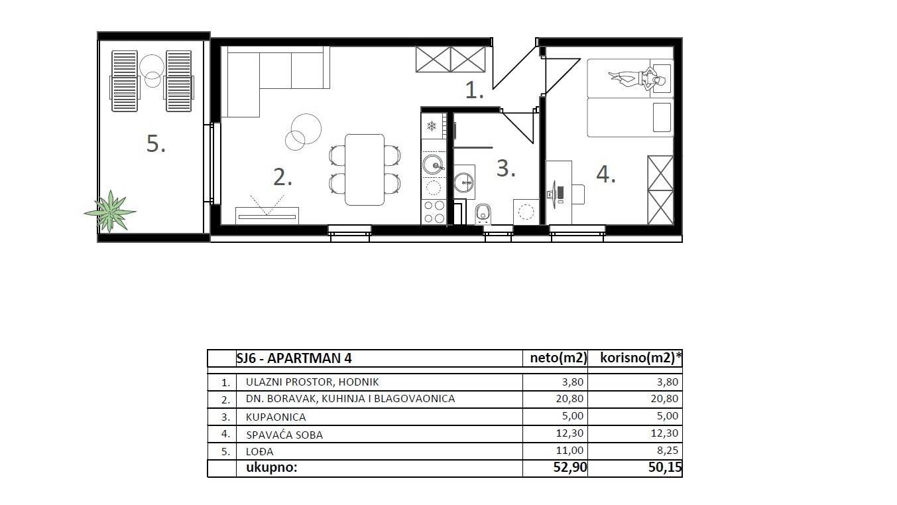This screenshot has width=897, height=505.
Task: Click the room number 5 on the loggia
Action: (x=155, y=143)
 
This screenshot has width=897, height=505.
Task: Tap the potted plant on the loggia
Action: (x=109, y=211)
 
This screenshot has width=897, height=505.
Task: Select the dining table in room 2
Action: (x=364, y=169)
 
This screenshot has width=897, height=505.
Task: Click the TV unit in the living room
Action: (x=267, y=215)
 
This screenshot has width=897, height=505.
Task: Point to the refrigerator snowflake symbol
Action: (x=432, y=126)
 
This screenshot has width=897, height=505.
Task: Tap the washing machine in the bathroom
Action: (x=526, y=212)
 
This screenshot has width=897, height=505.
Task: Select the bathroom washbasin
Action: (x=464, y=179)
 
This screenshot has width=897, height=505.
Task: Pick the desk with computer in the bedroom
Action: (x=558, y=192)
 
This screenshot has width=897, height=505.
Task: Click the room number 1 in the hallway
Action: (x=473, y=90)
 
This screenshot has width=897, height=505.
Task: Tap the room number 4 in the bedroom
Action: (x=605, y=174)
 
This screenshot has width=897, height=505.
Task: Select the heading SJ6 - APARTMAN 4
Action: (x=294, y=358)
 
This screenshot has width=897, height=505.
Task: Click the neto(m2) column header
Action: (x=558, y=358)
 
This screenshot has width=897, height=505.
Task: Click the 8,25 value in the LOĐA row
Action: (x=664, y=451)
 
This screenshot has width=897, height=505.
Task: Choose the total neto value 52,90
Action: (x=569, y=468)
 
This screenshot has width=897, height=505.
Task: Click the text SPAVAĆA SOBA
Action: (x=284, y=435)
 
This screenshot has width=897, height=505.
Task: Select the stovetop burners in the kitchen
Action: (x=434, y=212)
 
